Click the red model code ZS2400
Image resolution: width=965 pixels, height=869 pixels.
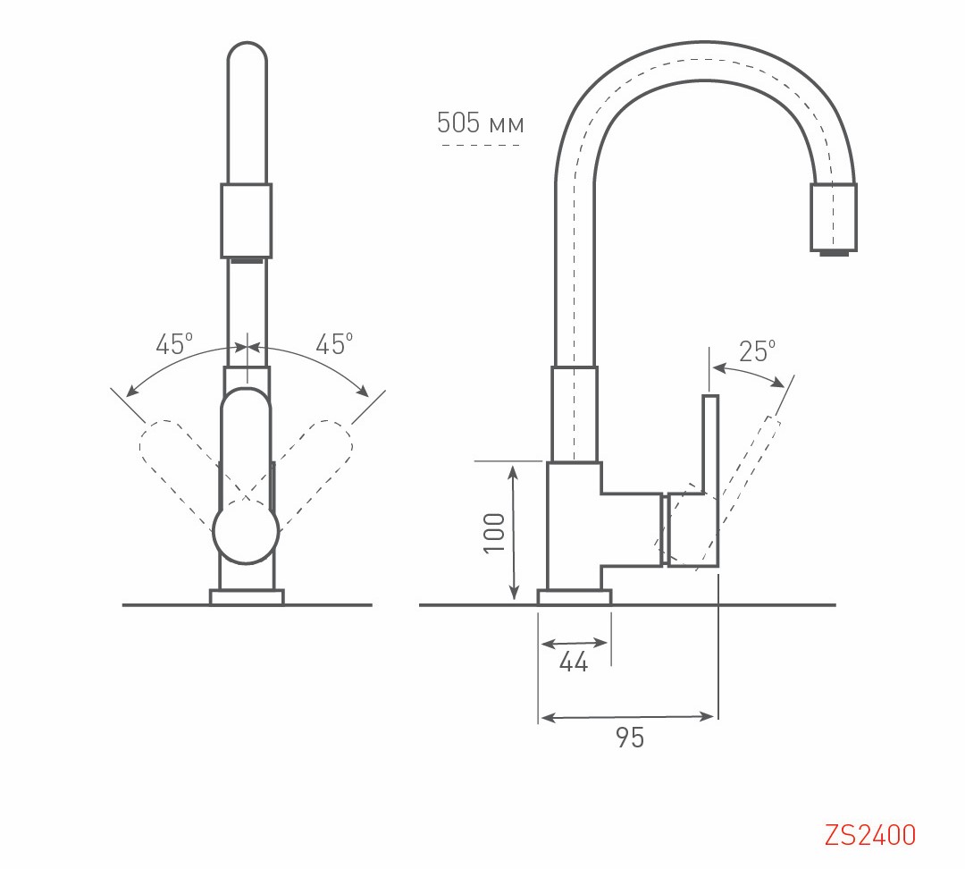870,835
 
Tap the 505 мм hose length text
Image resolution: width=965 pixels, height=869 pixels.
480,123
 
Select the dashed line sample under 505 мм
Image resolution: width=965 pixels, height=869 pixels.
480,145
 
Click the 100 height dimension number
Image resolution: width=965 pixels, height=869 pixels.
494,533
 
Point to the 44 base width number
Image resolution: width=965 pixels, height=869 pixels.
574,662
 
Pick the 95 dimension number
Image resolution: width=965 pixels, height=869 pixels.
630,738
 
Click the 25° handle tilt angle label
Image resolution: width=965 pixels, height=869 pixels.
758,351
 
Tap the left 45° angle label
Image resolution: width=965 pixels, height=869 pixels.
174,344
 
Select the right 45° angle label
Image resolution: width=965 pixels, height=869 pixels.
334,344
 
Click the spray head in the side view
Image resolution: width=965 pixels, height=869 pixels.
833,216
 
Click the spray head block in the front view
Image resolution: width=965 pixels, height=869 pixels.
246,220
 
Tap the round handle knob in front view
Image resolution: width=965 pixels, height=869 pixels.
246,532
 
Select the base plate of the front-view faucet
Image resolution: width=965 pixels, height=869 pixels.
246,597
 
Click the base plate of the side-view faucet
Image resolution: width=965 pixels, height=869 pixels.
574,597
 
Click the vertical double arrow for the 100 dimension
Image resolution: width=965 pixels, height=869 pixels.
514,532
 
